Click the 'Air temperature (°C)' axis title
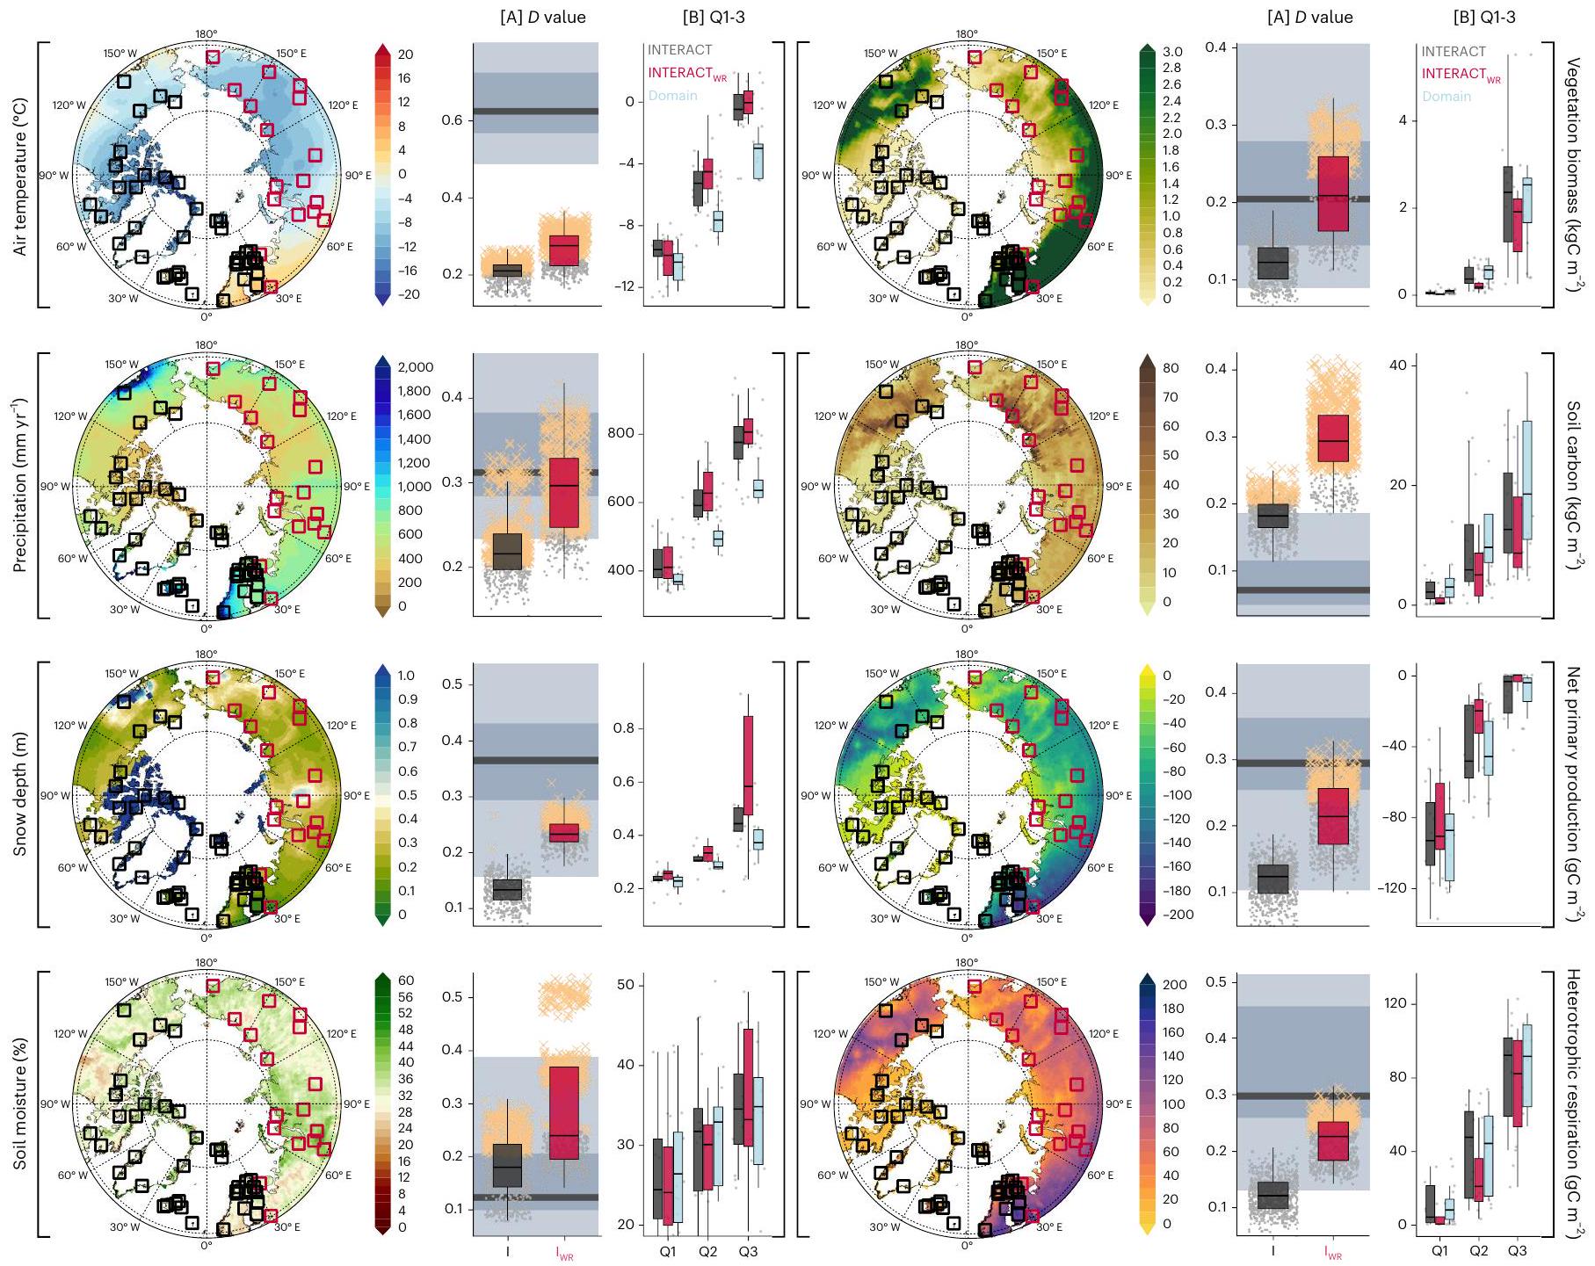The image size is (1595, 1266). [x=20, y=177]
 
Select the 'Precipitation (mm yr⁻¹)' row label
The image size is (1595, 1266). [x=20, y=485]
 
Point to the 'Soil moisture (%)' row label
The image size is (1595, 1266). [x=20, y=1104]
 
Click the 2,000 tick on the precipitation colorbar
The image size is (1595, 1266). [x=415, y=367]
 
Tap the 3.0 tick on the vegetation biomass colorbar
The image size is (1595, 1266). [x=1172, y=52]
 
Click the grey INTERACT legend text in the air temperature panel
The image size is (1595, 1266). [x=679, y=50]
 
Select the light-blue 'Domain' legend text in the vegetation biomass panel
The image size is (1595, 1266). [x=1446, y=97]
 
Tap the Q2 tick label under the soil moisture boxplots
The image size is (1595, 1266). [x=707, y=1251]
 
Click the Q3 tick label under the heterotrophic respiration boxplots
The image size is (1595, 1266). [x=1517, y=1250]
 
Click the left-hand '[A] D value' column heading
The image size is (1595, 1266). [x=542, y=17]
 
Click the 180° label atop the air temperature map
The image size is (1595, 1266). [x=207, y=34]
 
